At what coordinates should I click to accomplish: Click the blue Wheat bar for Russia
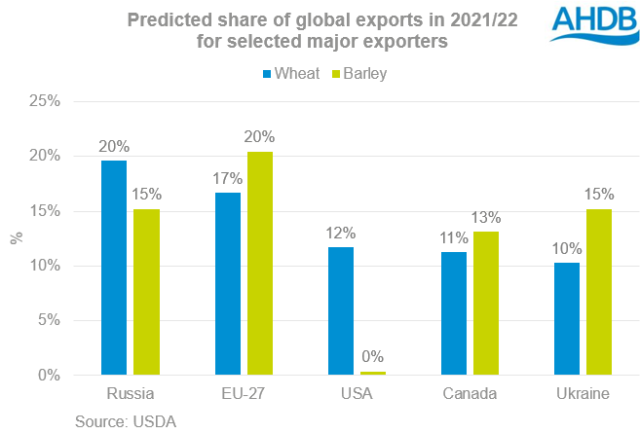point(114,268)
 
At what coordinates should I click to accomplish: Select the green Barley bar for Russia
point(147,292)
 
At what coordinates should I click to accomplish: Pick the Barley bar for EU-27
point(261,263)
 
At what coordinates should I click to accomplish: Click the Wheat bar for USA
point(340,310)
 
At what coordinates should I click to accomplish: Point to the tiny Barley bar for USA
point(373,373)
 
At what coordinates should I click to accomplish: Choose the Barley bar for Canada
point(486,303)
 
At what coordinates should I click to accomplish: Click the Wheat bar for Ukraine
point(566,318)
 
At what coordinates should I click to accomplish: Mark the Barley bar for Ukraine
point(599,292)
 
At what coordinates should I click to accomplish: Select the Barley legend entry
point(359,73)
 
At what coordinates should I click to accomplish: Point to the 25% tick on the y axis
point(51,101)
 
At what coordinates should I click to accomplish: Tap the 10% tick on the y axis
point(51,266)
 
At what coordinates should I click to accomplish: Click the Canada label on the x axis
point(470,395)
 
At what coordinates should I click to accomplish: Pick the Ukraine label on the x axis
point(583,395)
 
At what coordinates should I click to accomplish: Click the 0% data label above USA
point(373,356)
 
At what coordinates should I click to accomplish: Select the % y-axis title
point(15,237)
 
